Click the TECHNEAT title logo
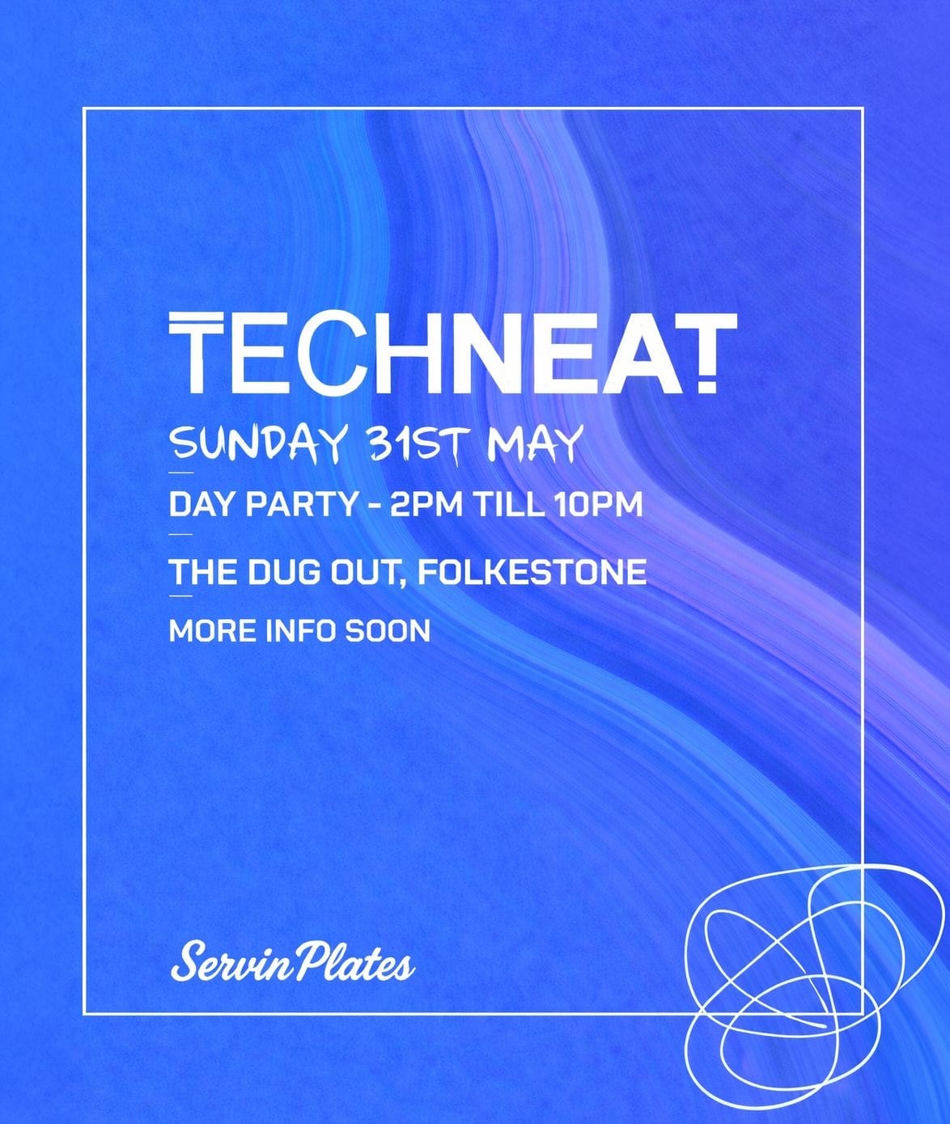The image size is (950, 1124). coord(453,352)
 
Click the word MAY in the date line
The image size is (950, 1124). coord(532,443)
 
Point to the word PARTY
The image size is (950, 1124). coord(301,505)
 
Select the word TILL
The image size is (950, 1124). coord(510,505)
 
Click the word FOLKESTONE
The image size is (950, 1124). coord(532,571)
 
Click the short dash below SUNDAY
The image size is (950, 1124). coord(181,473)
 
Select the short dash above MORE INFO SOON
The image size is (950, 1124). coord(181,596)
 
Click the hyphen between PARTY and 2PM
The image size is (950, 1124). coord(373,506)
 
